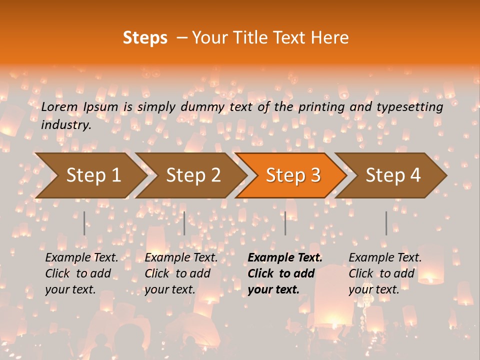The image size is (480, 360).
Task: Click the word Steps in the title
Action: pyautogui.click(x=145, y=38)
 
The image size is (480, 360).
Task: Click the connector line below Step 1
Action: pyautogui.click(x=84, y=223)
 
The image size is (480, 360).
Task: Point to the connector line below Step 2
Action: pyautogui.click(x=184, y=223)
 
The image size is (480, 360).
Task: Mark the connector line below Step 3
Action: pyautogui.click(x=285, y=223)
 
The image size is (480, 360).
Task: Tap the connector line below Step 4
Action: pyautogui.click(x=386, y=223)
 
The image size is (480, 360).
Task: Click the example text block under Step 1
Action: pyautogui.click(x=81, y=273)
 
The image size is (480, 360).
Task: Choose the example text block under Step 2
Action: pyautogui.click(x=181, y=273)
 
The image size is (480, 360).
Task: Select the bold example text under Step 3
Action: pyautogui.click(x=285, y=273)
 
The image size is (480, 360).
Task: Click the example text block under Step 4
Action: pyautogui.click(x=385, y=273)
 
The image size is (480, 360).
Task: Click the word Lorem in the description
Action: pyautogui.click(x=59, y=107)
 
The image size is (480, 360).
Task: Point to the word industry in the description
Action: pyautogui.click(x=65, y=125)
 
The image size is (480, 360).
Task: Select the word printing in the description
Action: pyautogui.click(x=318, y=107)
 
